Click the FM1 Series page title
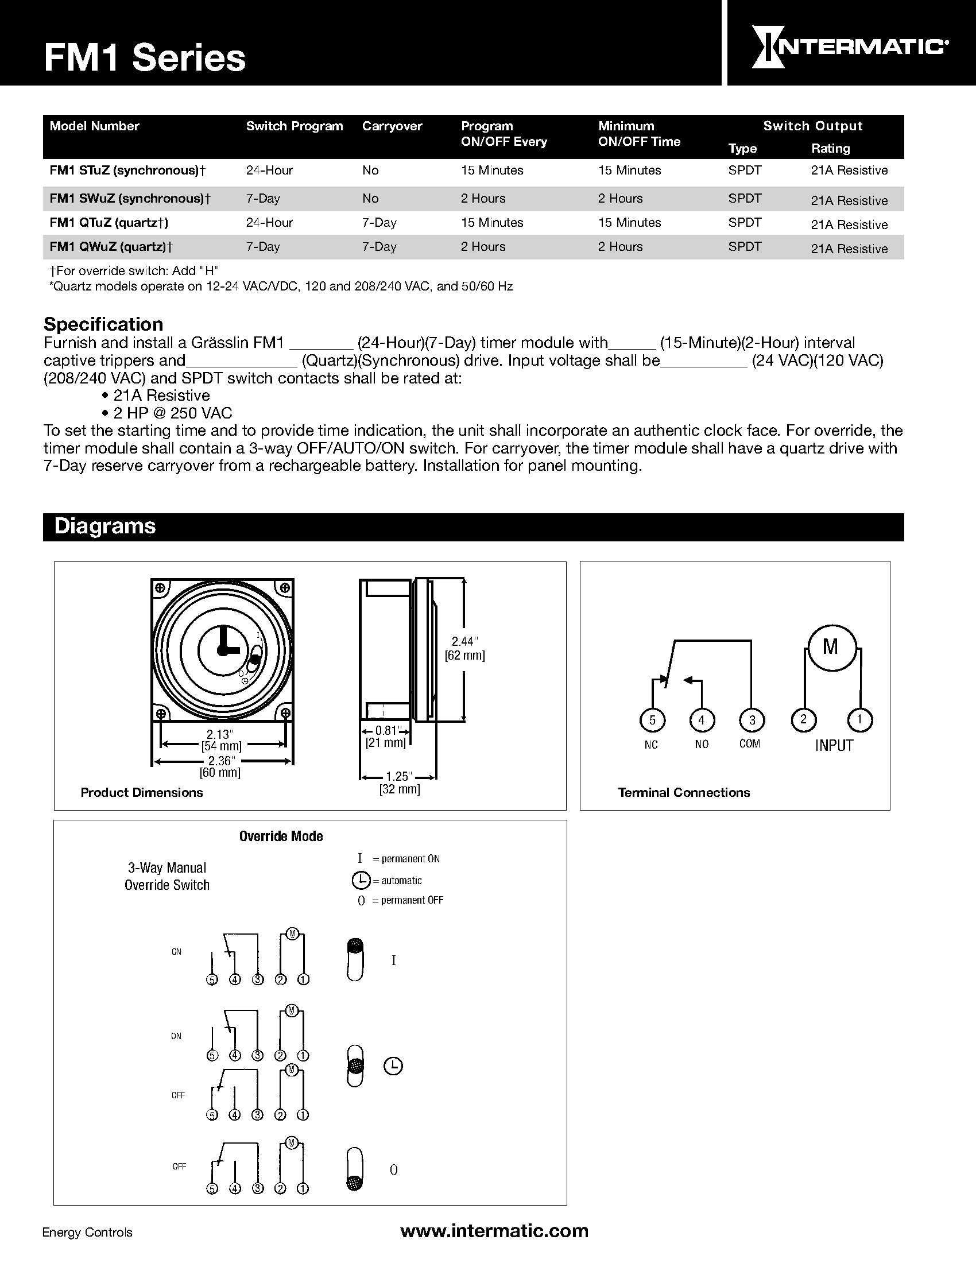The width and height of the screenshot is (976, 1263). pos(145,59)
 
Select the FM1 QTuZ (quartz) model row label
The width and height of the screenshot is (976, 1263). pos(109,223)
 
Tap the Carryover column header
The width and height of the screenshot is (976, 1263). pos(392,126)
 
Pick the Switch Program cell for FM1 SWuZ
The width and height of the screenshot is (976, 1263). pos(263,199)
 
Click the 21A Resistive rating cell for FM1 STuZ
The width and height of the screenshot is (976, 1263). pos(849,171)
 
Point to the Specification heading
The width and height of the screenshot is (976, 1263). pos(103,324)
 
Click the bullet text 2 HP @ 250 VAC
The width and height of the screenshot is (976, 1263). pos(172,413)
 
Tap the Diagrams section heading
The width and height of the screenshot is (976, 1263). pos(104,526)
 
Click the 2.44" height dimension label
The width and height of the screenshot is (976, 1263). pos(464,641)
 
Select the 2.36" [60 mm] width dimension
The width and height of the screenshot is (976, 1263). pos(220,766)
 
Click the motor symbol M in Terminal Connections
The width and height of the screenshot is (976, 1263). pos(830,646)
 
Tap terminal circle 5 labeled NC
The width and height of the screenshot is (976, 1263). pos(652,720)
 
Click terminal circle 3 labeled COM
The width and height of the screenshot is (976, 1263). pos(752,720)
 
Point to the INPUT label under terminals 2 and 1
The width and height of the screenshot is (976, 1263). pos(834,745)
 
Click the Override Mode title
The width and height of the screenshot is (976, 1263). pos(281,836)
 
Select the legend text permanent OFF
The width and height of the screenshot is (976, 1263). pos(412,900)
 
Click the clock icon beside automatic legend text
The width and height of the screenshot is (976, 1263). pos(360,880)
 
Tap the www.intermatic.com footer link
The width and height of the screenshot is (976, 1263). pos(494,1230)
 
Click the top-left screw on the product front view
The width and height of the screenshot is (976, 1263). pos(160,588)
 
